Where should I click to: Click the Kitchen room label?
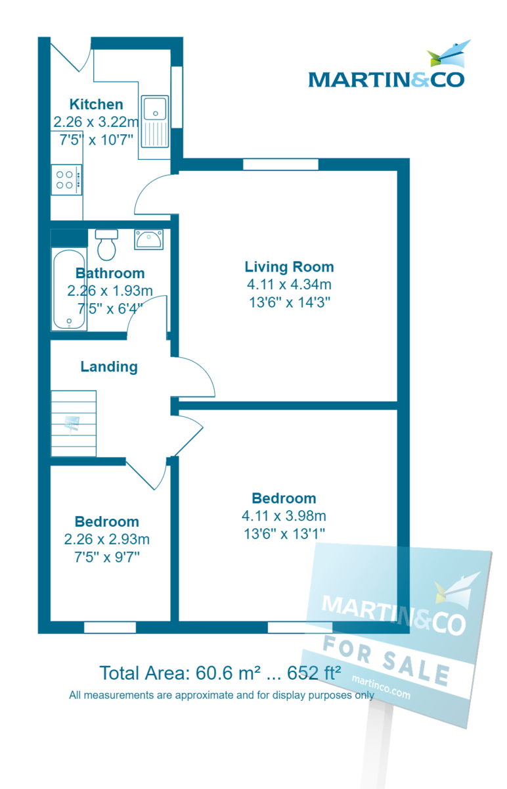point(96,104)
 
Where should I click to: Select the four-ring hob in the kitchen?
point(66,179)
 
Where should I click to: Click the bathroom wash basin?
point(149,239)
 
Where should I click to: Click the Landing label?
point(109,367)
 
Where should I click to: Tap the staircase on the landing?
point(74,423)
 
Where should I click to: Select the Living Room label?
point(289,267)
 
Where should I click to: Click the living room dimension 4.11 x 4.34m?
point(289,285)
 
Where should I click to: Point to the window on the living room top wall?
point(280,164)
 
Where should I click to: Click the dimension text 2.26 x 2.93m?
point(106,540)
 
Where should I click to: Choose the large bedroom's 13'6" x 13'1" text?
point(284,533)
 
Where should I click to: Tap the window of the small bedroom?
point(110,627)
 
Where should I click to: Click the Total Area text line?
point(220,673)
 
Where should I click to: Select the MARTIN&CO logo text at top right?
point(386,80)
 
